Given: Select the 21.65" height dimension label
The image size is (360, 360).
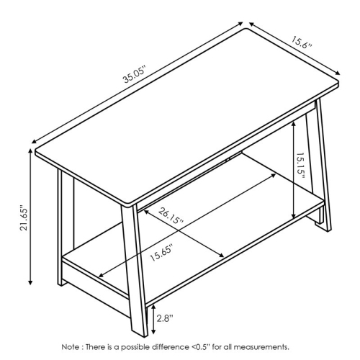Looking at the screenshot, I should click(24, 217).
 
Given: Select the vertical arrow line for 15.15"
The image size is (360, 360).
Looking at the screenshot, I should click(295, 169).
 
